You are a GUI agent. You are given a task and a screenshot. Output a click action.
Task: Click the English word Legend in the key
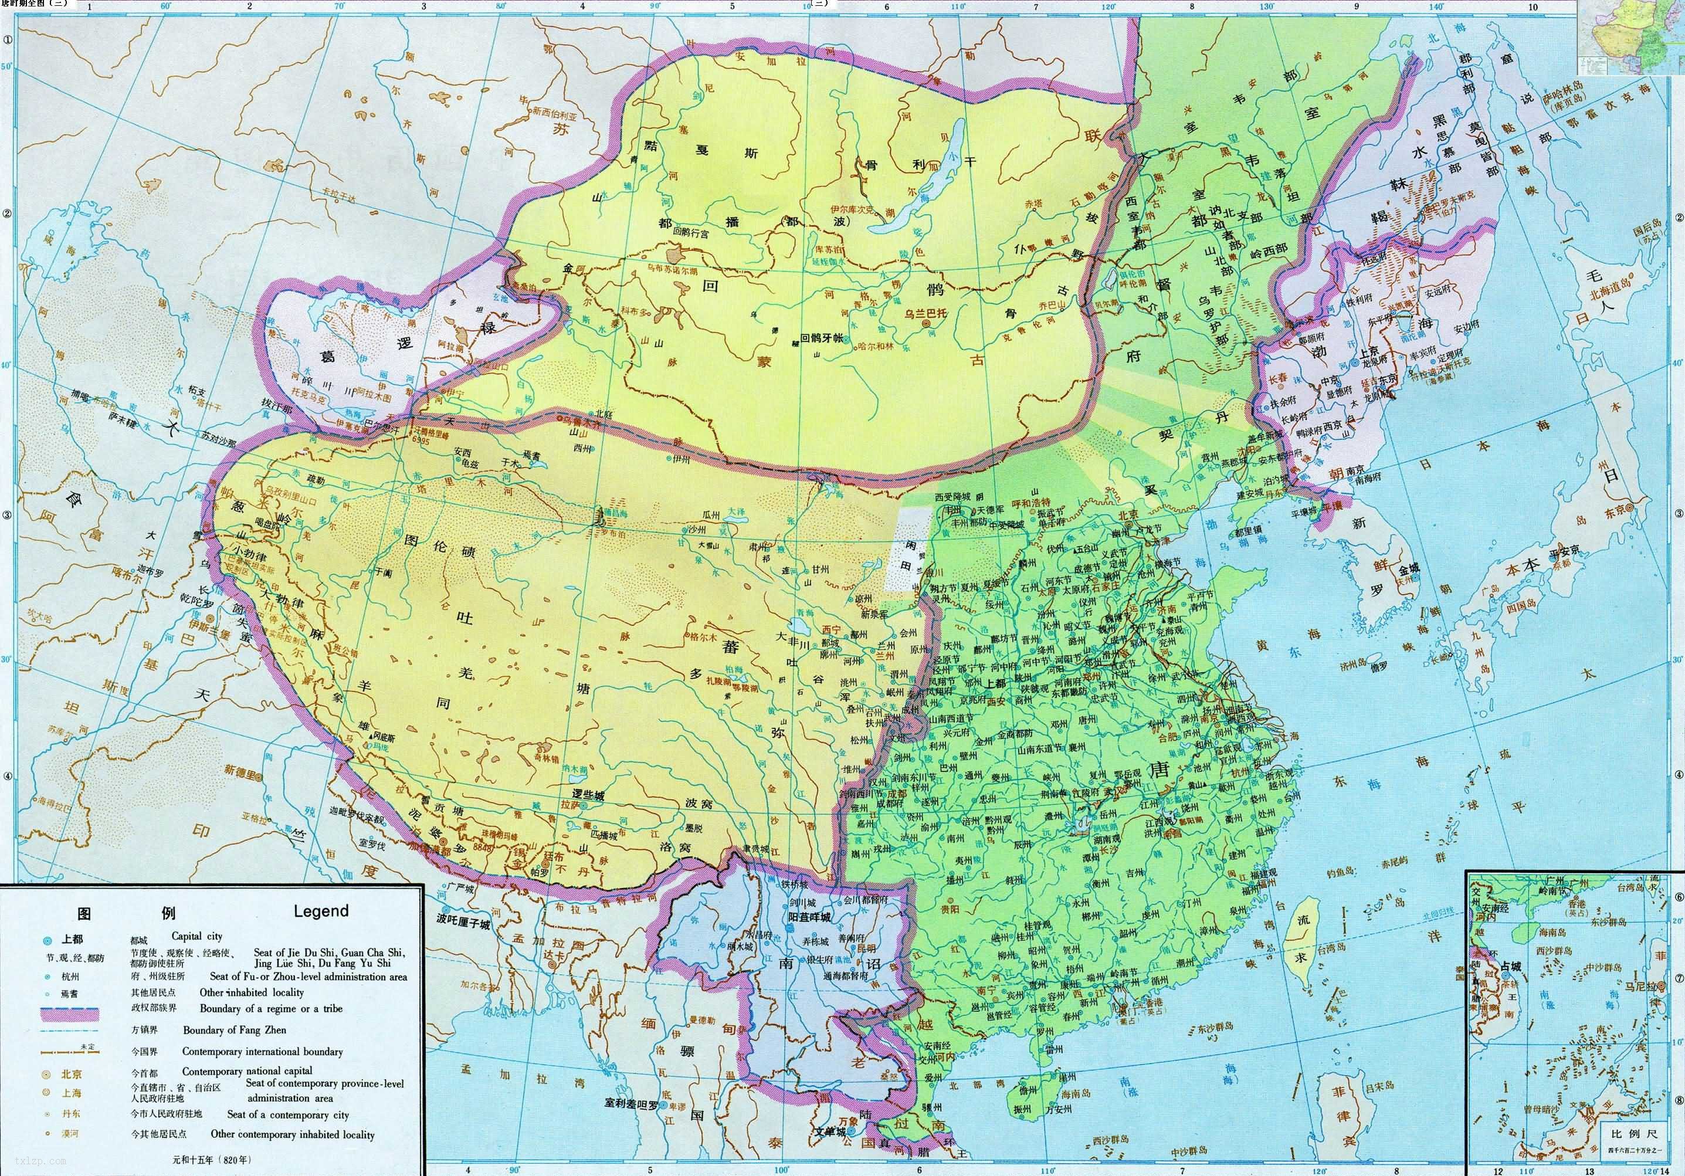pyautogui.click(x=321, y=911)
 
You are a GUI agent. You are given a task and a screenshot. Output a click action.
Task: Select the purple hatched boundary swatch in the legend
pyautogui.click(x=70, y=1015)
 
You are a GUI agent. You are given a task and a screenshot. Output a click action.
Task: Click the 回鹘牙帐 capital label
pyautogui.click(x=821, y=338)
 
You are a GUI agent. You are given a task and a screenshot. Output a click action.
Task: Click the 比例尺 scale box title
pyautogui.click(x=1625, y=1134)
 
